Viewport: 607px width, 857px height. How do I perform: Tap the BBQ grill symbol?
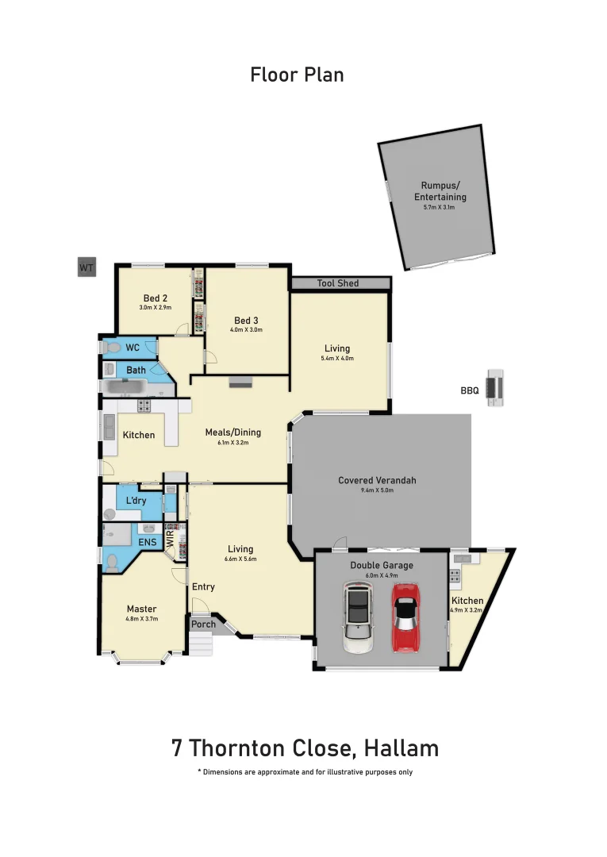pyautogui.click(x=496, y=388)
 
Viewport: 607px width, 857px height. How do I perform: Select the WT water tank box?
pyautogui.click(x=86, y=268)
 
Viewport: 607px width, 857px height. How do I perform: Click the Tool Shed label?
pyautogui.click(x=338, y=283)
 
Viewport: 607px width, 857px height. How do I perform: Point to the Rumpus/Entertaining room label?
pyautogui.click(x=440, y=191)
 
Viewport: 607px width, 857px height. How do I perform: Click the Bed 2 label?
pyautogui.click(x=156, y=298)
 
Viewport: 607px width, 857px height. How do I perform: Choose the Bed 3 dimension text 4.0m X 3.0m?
pyautogui.click(x=246, y=329)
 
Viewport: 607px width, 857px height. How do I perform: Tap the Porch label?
pyautogui.click(x=204, y=624)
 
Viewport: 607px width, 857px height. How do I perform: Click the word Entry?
pyautogui.click(x=204, y=586)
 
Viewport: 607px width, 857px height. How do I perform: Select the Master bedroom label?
pyautogui.click(x=141, y=609)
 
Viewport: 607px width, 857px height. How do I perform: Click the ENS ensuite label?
pyautogui.click(x=148, y=542)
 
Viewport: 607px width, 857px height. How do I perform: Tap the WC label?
pyautogui.click(x=133, y=348)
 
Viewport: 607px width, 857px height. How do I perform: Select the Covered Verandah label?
pyautogui.click(x=377, y=480)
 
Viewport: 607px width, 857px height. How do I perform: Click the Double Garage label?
pyautogui.click(x=382, y=566)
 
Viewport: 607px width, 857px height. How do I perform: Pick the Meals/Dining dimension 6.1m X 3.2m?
pyautogui.click(x=232, y=443)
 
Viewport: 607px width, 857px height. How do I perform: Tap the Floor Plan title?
pyautogui.click(x=297, y=75)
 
